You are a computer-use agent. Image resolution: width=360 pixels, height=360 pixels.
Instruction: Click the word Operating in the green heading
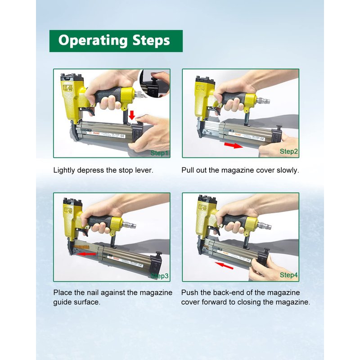coord(93,41)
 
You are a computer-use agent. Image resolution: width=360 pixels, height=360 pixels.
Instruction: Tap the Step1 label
coord(160,153)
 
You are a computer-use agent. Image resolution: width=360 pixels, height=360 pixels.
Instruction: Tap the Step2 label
coord(288,151)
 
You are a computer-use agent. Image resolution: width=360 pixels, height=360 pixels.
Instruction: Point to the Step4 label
coord(288,275)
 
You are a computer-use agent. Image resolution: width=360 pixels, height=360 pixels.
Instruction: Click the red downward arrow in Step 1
coord(132,115)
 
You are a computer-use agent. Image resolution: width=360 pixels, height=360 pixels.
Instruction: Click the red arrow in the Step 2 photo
coord(233,145)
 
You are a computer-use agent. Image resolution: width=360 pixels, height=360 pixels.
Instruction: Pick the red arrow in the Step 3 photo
coord(86,254)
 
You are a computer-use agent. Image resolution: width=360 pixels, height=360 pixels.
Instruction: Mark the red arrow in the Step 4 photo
coord(224,265)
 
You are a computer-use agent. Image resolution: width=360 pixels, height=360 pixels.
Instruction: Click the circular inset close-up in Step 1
coord(154,83)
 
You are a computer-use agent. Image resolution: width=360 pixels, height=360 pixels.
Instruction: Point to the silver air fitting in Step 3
coord(129,224)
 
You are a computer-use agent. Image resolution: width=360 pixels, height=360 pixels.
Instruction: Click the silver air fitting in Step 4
coord(264,225)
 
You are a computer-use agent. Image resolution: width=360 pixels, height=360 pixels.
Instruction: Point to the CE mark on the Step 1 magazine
coord(122,136)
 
